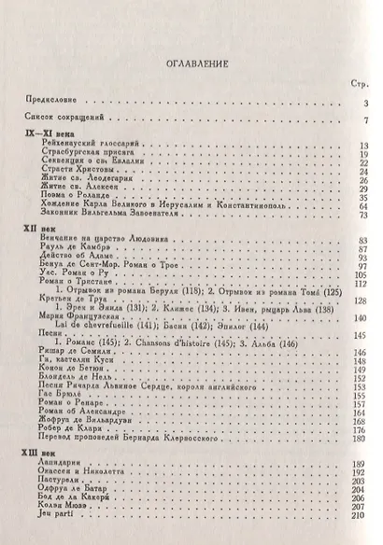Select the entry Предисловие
(51, 101)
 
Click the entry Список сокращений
(63, 119)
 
